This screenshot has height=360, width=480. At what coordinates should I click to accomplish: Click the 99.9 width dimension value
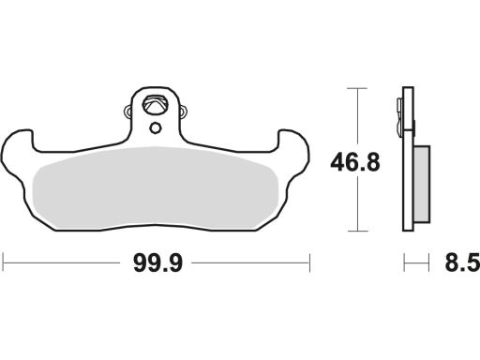(x=157, y=263)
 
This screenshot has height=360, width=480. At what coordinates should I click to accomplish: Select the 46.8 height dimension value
(x=355, y=162)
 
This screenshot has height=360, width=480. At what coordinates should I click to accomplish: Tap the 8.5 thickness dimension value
(x=462, y=263)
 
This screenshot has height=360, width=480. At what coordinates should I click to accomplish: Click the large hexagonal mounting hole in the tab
(x=154, y=105)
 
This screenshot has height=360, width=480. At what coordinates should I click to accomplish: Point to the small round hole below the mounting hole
(x=155, y=128)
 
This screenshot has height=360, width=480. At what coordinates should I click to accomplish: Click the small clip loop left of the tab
(x=128, y=112)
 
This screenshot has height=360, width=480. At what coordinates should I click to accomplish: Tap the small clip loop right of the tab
(x=184, y=112)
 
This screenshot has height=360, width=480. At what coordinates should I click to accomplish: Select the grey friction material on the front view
(x=156, y=187)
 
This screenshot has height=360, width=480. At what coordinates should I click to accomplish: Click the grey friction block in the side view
(x=422, y=184)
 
